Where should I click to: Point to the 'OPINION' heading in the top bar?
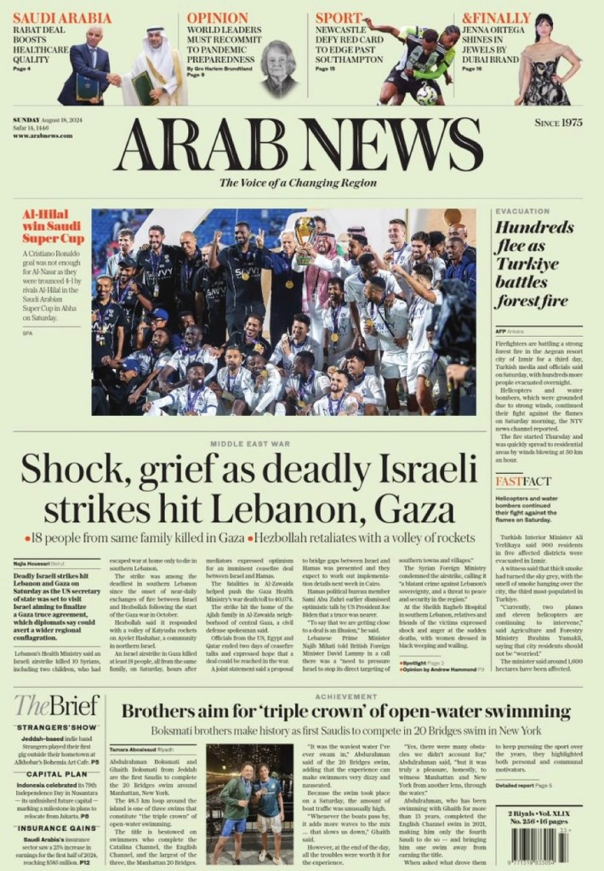coord(217,17)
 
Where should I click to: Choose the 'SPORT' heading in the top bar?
coord(338,17)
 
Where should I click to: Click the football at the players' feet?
coord(426,95)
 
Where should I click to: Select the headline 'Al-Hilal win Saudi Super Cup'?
coord(53,226)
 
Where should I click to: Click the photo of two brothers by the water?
coord(250,792)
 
